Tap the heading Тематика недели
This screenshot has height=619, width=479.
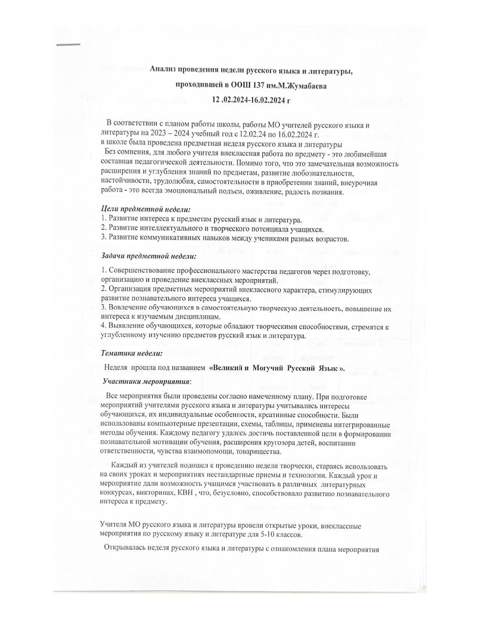tap(132, 353)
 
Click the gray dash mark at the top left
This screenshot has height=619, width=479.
tap(68, 44)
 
